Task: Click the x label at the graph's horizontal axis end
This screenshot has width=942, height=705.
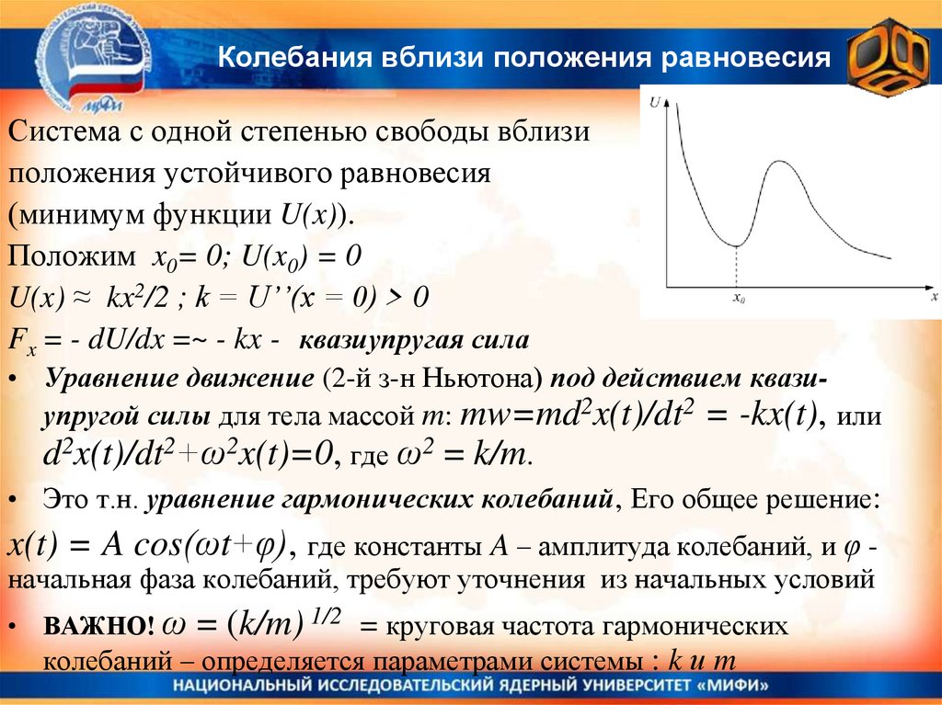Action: (933, 298)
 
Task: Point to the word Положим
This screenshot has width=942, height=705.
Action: (65, 256)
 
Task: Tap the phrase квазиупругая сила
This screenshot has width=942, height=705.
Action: (411, 342)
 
